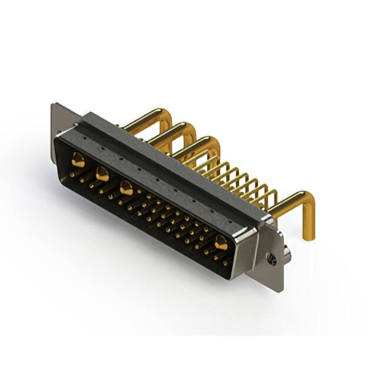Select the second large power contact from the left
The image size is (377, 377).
[x=102, y=173]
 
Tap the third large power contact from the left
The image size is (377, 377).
[x=126, y=188]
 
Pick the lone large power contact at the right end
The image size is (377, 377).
[x=221, y=241]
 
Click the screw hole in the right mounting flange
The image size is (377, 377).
[x=272, y=258]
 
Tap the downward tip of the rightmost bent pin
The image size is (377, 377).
[x=307, y=236]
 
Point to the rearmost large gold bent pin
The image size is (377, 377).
[x=144, y=118]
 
